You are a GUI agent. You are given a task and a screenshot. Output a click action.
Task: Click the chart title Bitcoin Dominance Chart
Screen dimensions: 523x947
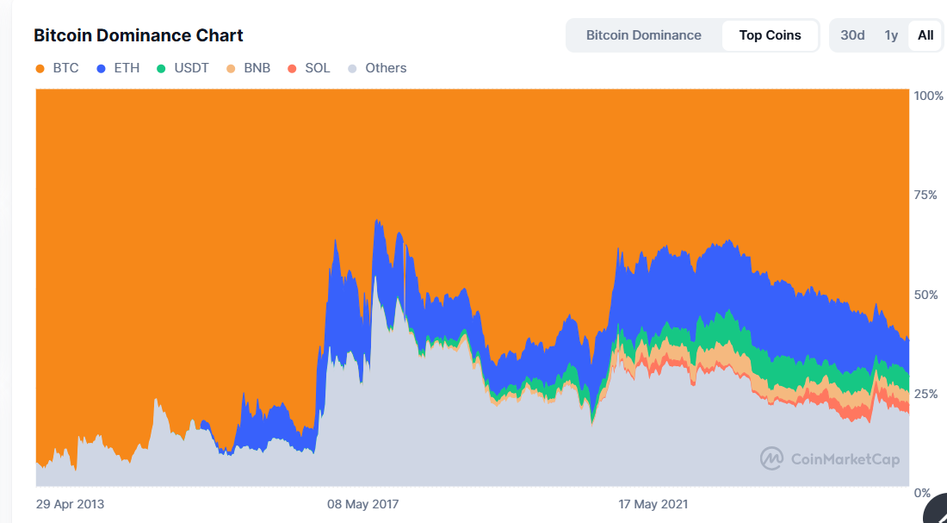pyautogui.click(x=138, y=35)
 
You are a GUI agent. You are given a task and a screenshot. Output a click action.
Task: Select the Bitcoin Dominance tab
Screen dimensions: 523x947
pyautogui.click(x=643, y=35)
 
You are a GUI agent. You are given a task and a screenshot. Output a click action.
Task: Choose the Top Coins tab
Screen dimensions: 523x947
pyautogui.click(x=770, y=35)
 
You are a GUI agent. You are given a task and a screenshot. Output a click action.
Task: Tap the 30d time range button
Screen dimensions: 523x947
pyautogui.click(x=852, y=35)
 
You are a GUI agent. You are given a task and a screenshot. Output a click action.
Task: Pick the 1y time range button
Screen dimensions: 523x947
pyautogui.click(x=891, y=35)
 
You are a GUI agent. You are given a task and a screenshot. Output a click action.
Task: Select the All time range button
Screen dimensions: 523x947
pyautogui.click(x=925, y=35)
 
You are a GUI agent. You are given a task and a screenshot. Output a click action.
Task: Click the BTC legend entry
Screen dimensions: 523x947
pyautogui.click(x=58, y=68)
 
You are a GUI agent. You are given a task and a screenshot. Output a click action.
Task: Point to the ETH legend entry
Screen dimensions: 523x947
pyautogui.click(x=119, y=68)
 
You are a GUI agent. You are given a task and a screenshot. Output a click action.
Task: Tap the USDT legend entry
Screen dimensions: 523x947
pyautogui.click(x=183, y=68)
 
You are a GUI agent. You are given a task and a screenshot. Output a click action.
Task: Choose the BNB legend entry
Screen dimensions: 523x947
pyautogui.click(x=249, y=68)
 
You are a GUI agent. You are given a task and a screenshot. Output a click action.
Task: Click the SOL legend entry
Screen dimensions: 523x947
pyautogui.click(x=309, y=68)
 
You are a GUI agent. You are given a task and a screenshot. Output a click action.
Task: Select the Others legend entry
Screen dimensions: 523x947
pyautogui.click(x=377, y=68)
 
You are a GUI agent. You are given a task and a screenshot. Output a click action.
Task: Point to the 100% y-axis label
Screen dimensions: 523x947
pyautogui.click(x=928, y=96)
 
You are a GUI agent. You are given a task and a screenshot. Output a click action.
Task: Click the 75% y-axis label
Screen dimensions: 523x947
pyautogui.click(x=925, y=195)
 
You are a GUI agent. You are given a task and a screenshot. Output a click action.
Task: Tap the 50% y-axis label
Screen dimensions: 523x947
pyautogui.click(x=925, y=295)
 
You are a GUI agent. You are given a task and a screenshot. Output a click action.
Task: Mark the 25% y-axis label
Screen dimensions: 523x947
pyautogui.click(x=925, y=394)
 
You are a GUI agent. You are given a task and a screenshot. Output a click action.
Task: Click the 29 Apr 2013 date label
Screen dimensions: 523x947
pyautogui.click(x=70, y=504)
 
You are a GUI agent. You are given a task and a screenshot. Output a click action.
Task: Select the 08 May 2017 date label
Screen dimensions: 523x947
pyautogui.click(x=362, y=504)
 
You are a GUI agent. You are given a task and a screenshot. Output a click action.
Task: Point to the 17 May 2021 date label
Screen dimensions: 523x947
pyautogui.click(x=653, y=504)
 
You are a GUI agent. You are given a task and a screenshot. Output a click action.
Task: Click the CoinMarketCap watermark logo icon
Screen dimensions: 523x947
pyautogui.click(x=771, y=458)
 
